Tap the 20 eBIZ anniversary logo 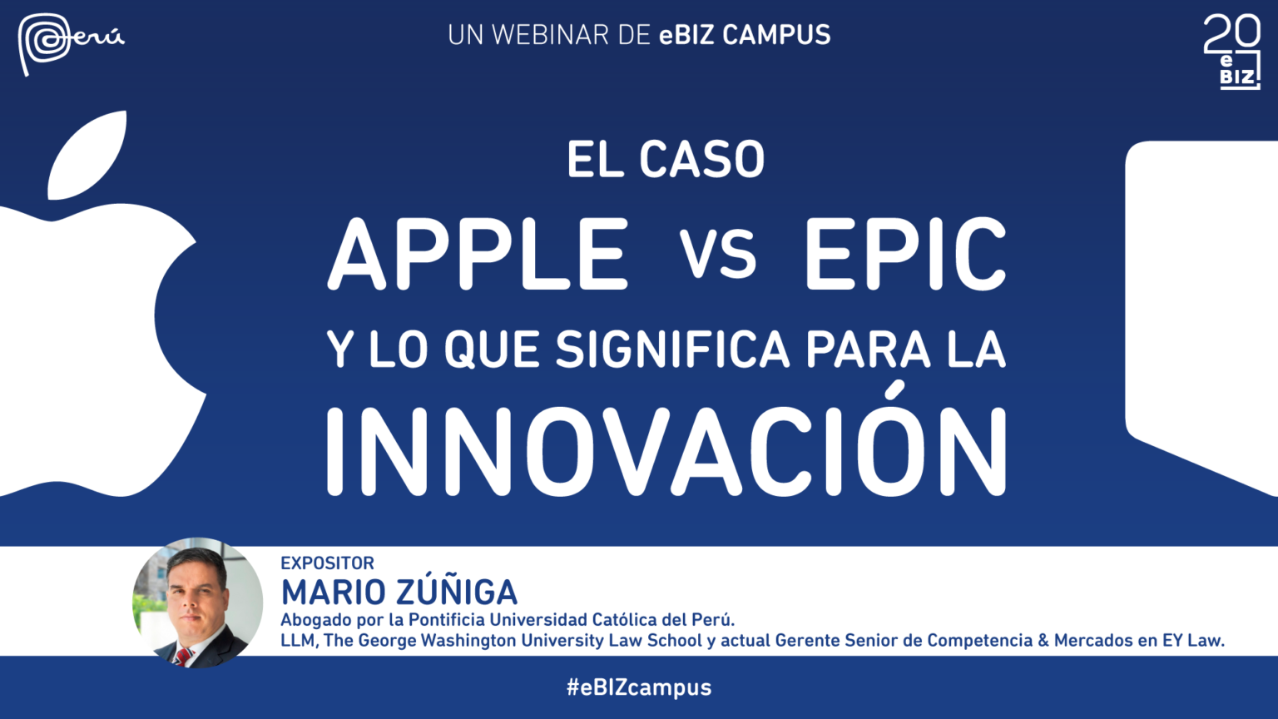1231,52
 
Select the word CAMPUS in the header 776,35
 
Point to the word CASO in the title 701,159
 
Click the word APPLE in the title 478,253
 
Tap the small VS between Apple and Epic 717,254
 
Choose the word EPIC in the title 905,253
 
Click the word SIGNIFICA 672,349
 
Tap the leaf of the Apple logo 87,156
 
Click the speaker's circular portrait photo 198,602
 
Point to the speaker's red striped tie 184,657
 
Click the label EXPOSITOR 328,563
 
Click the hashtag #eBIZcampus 639,687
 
